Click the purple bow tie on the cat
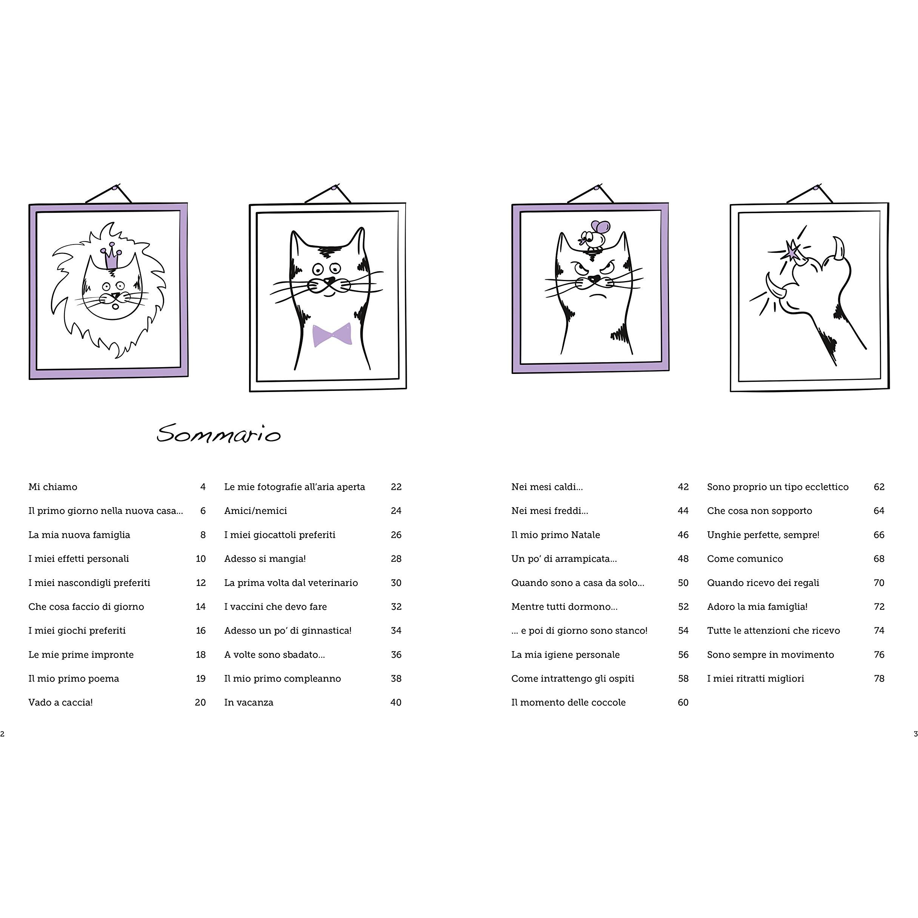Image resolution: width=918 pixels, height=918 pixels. coord(332,335)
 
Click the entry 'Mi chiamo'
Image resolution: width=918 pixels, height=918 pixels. coord(53,487)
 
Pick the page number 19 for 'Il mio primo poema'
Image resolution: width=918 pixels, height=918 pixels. coord(200,678)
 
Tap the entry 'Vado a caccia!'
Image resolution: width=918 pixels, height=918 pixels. coord(60,702)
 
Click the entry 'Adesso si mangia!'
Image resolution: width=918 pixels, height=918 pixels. coord(264,559)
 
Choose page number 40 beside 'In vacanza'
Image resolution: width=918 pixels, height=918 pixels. coord(396,702)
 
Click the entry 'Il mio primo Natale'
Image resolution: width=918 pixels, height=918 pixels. coord(555,535)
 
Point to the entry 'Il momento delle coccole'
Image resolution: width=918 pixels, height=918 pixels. coord(568,702)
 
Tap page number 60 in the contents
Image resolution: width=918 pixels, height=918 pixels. coord(683,702)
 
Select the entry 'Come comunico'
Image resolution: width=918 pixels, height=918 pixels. coord(744,559)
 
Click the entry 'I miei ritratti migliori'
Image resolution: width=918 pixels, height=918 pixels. coord(755,678)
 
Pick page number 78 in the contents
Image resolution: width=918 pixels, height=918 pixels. coord(879,678)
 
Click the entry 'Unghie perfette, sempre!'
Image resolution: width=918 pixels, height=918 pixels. coord(763,535)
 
